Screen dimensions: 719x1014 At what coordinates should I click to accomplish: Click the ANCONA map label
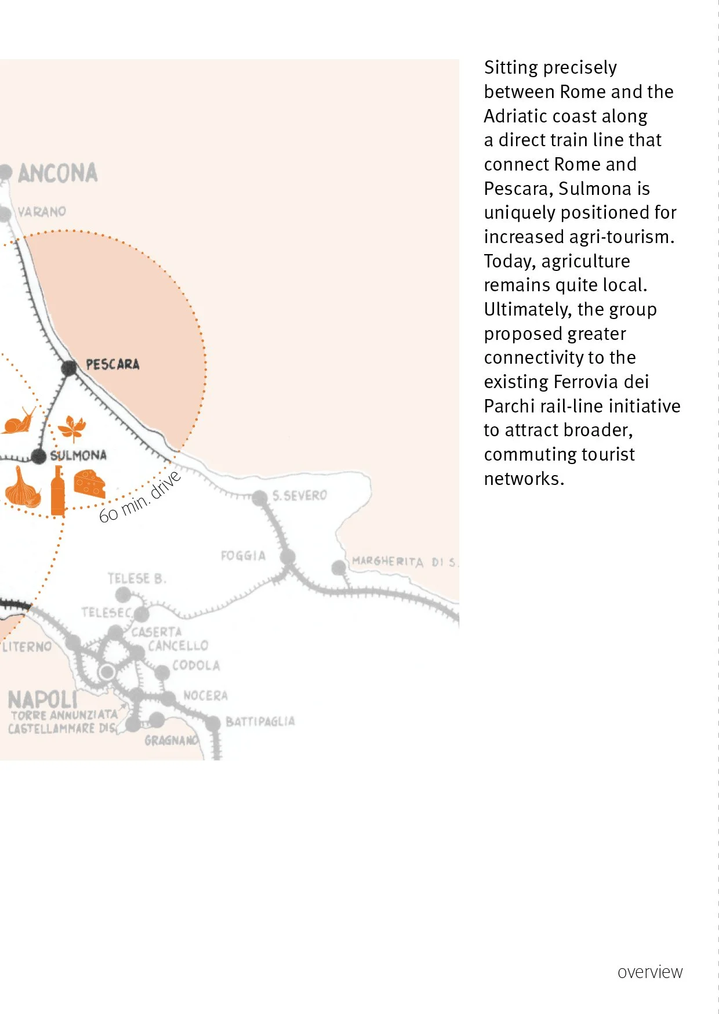(57, 173)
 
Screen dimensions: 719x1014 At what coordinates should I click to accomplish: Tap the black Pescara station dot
(69, 367)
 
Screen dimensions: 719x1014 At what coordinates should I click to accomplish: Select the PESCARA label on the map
(112, 364)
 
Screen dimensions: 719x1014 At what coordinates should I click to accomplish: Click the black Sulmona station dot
(39, 456)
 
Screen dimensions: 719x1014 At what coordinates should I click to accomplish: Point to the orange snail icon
(19, 421)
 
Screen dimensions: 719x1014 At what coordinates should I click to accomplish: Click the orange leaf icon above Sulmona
(72, 429)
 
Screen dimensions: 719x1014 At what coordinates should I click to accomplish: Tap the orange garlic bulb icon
(23, 488)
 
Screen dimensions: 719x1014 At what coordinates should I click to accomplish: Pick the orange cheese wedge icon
(89, 484)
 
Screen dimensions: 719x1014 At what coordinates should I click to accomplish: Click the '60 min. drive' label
(140, 498)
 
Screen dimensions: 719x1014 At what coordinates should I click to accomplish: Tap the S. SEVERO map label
(299, 495)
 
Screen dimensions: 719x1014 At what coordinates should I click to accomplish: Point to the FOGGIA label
(243, 556)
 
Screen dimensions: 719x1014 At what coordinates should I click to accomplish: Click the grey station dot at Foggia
(288, 557)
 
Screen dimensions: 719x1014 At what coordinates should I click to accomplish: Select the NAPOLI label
(42, 700)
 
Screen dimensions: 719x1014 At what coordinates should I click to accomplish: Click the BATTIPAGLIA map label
(260, 722)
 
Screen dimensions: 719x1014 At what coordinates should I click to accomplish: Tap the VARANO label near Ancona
(42, 212)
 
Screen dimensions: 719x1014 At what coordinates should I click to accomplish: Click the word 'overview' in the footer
(650, 972)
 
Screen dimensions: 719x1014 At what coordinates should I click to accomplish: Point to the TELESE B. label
(137, 578)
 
